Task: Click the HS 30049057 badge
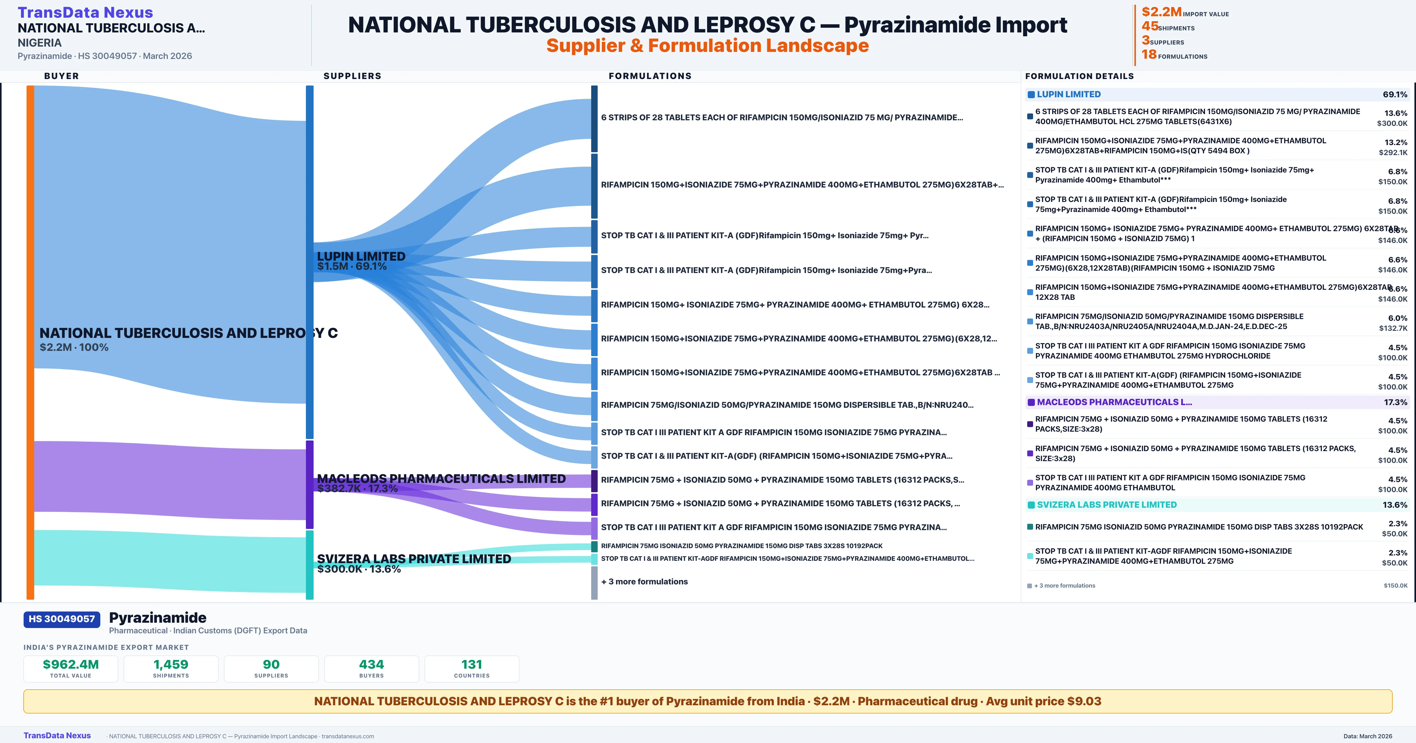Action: (x=62, y=619)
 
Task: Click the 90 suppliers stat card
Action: (x=271, y=668)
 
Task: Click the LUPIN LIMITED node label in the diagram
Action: (x=361, y=257)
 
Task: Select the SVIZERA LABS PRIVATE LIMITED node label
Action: (x=414, y=559)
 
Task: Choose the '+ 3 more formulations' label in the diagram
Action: (x=644, y=581)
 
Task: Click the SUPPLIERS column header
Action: (x=352, y=76)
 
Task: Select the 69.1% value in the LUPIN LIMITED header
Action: (x=1394, y=95)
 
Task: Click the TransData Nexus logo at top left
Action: (x=85, y=12)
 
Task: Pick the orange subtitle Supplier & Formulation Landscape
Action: (x=707, y=46)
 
